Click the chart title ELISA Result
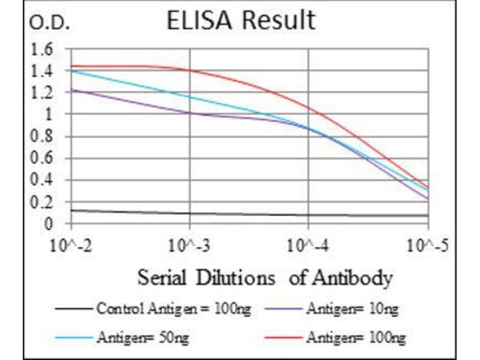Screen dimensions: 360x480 [x=240, y=21]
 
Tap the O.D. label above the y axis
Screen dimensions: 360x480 [x=50, y=23]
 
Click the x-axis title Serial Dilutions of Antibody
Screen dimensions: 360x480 [x=265, y=278]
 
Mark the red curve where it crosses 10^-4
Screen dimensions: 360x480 [x=308, y=109]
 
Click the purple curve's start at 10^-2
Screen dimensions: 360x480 [x=72, y=90]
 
